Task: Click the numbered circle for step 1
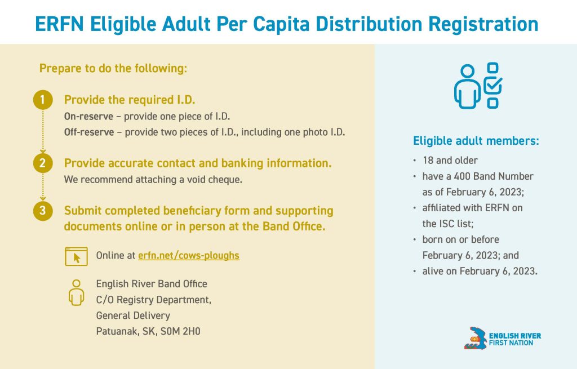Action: pyautogui.click(x=43, y=100)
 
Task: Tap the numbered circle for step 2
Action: pyautogui.click(x=43, y=163)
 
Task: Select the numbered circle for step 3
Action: pyautogui.click(x=43, y=211)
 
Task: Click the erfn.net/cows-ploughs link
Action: pyautogui.click(x=189, y=255)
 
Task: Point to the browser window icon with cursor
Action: pyautogui.click(x=76, y=256)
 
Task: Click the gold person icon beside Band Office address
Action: pyautogui.click(x=76, y=292)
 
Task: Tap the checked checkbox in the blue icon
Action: pyautogui.click(x=492, y=85)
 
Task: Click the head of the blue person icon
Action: pyautogui.click(x=467, y=72)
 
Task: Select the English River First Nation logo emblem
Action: pyautogui.click(x=476, y=338)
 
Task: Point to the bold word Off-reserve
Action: pyautogui.click(x=89, y=132)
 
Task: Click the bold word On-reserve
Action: pyautogui.click(x=88, y=116)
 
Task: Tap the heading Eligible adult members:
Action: pyautogui.click(x=476, y=140)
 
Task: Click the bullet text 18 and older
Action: pyautogui.click(x=450, y=161)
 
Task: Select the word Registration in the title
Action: pyautogui.click(x=483, y=24)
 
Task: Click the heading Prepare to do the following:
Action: pyautogui.click(x=113, y=68)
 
